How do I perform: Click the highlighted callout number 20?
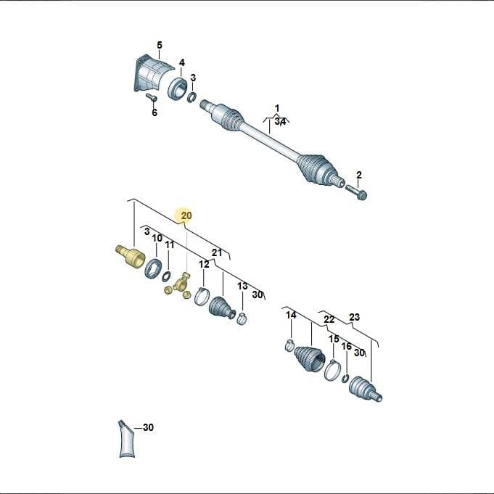pyautogui.click(x=186, y=216)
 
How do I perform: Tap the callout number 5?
pyautogui.click(x=160, y=46)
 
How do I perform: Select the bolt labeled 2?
pyautogui.click(x=357, y=192)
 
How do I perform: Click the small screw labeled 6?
pyautogui.click(x=151, y=97)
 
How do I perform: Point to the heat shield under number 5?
pyautogui.click(x=151, y=73)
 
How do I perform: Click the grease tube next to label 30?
pyautogui.click(x=127, y=439)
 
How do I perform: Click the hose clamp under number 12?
pyautogui.click(x=202, y=296)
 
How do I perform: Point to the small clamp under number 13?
pyautogui.click(x=242, y=318)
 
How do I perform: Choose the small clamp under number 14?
pyautogui.click(x=289, y=345)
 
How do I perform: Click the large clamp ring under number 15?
pyautogui.click(x=333, y=371)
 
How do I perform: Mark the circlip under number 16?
pyautogui.click(x=345, y=379)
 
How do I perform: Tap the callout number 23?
pyautogui.click(x=354, y=316)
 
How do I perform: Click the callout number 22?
pyautogui.click(x=329, y=319)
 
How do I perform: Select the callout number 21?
pyautogui.click(x=217, y=252)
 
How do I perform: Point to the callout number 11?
pyautogui.click(x=170, y=244)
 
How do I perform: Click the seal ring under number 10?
pyautogui.click(x=154, y=268)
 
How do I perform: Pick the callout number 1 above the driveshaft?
pyautogui.click(x=277, y=109)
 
